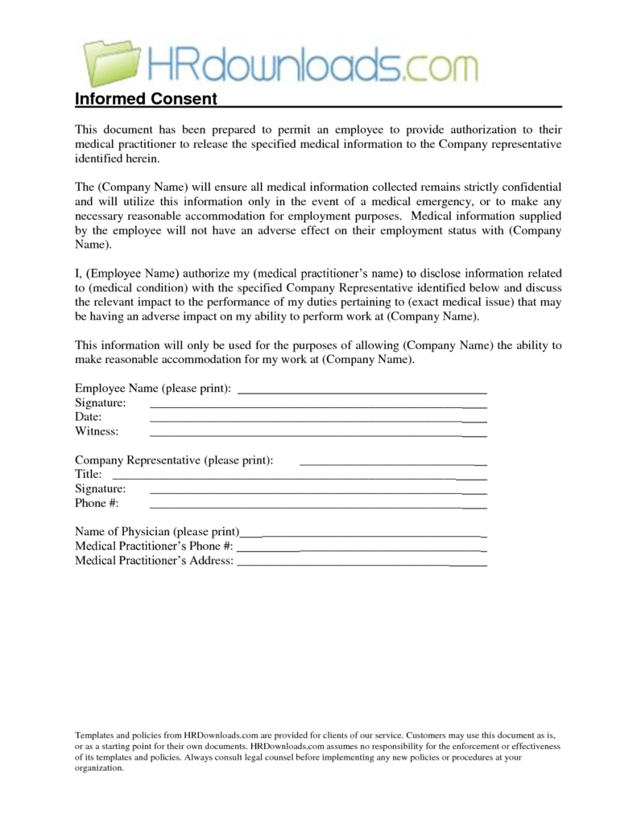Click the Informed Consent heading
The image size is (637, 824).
tap(146, 99)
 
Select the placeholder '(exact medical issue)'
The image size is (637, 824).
tap(449, 302)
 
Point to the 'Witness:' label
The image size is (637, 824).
tap(97, 431)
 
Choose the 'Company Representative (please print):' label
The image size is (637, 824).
tap(174, 460)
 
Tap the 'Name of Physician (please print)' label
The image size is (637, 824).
tap(158, 532)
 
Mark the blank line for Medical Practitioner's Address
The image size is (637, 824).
tap(362, 565)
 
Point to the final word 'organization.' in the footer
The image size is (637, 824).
tap(100, 768)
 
